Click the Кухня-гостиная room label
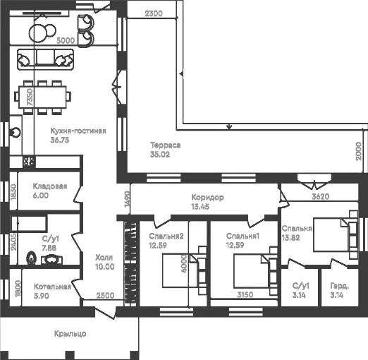(78, 131)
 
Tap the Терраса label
(166, 145)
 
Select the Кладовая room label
(49, 186)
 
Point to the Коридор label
(207, 198)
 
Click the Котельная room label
(52, 287)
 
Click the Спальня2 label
(166, 236)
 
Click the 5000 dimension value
(66, 41)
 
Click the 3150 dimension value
(245, 294)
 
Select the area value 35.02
(161, 154)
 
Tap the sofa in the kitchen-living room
(47, 58)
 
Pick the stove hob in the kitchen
(30, 162)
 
